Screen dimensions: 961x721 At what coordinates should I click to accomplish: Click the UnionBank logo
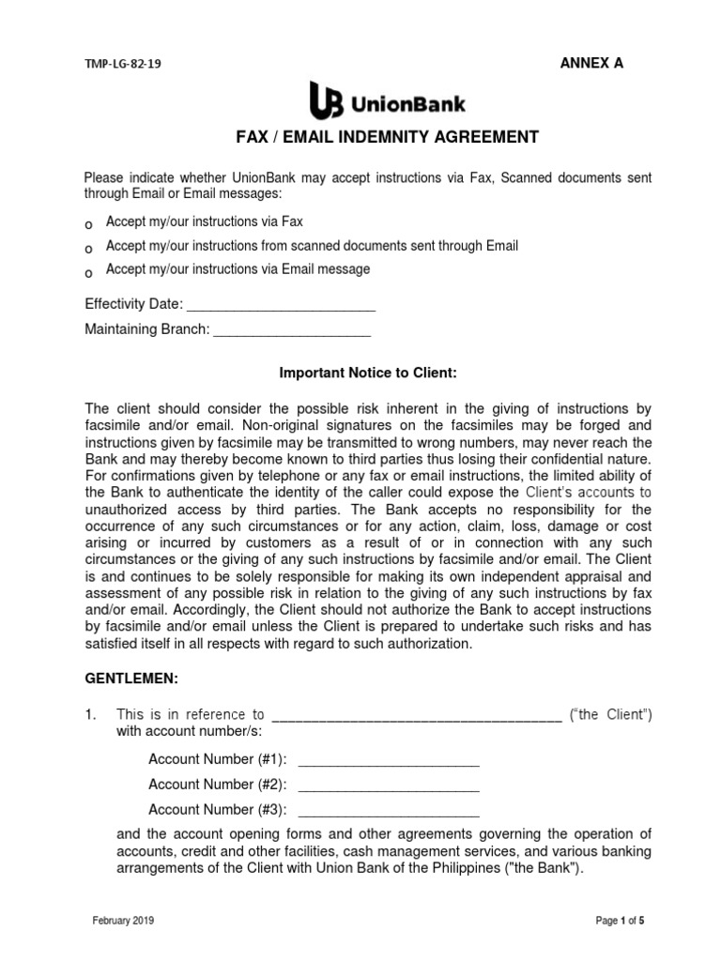387,99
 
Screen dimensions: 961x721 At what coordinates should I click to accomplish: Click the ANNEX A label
591,63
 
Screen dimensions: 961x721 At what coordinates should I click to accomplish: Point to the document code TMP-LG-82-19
129,65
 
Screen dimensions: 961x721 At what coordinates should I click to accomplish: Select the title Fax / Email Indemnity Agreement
386,137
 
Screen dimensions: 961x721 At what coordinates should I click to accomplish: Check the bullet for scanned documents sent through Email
89,249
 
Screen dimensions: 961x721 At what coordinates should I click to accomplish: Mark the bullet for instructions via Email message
89,272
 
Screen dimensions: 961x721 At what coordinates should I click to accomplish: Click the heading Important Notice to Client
368,373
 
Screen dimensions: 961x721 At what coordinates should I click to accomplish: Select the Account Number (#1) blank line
388,762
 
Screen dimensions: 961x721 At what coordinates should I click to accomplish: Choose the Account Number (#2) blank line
388,786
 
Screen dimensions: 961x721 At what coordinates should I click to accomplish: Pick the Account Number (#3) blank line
388,812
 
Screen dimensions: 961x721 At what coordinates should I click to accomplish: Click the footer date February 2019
123,921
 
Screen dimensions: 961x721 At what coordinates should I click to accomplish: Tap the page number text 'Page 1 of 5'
620,921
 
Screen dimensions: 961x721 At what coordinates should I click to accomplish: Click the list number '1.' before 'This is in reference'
91,715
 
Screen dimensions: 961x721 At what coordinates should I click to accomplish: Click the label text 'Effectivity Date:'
133,304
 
